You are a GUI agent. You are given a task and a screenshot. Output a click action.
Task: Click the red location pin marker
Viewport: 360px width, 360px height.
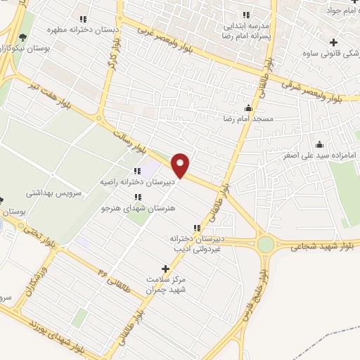(x=181, y=165)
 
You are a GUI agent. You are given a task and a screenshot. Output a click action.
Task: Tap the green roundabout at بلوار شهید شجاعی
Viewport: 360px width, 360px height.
(x=266, y=244)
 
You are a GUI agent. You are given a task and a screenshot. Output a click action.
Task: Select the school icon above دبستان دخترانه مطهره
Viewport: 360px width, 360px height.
(x=83, y=19)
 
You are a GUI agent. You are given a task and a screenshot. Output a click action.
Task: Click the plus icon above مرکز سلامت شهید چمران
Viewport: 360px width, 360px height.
(x=166, y=269)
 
